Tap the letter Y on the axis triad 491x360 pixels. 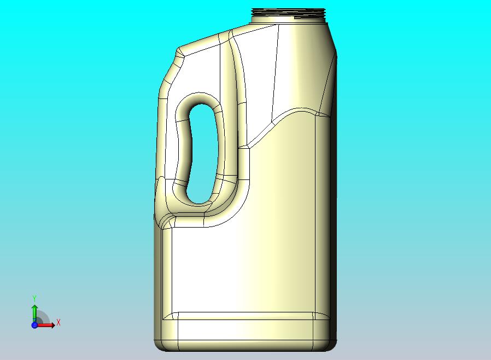(x=34, y=298)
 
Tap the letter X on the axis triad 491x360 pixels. (x=59, y=322)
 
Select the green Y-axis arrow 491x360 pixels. (x=34, y=312)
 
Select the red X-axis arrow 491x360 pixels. (x=46, y=325)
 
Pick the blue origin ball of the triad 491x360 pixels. (x=34, y=325)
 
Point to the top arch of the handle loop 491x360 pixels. (x=201, y=99)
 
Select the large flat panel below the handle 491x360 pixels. (x=241, y=268)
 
